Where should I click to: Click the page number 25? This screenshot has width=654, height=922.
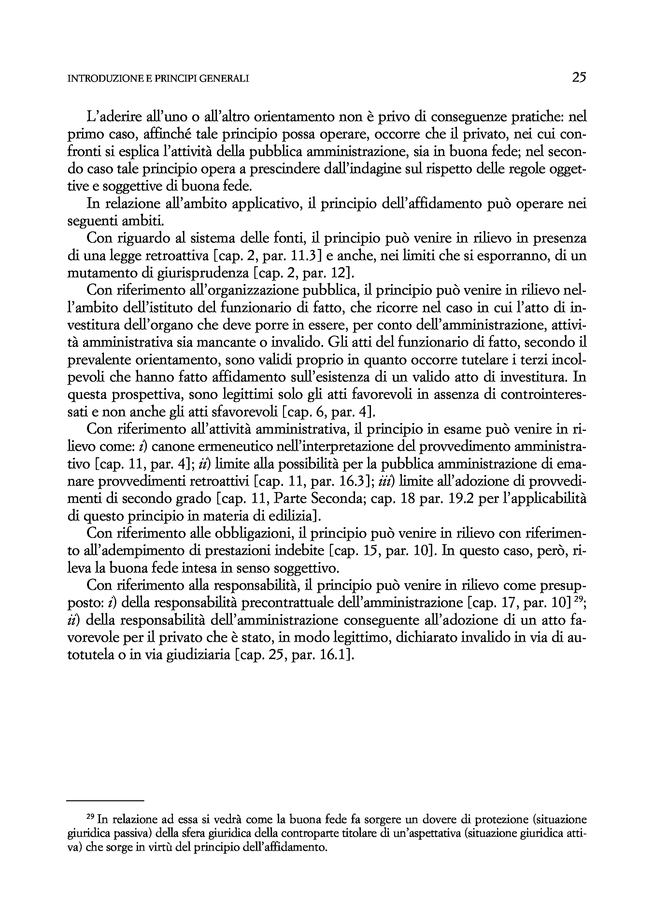point(579,77)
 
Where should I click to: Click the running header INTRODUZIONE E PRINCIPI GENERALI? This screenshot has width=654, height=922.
point(158,79)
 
